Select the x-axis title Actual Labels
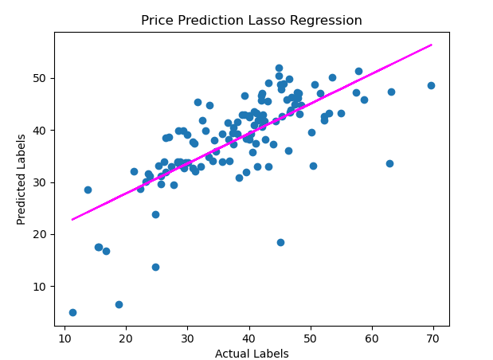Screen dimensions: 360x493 pos(252,354)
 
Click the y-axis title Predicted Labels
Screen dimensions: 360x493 pos(22,179)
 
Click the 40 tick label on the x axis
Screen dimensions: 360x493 pos(249,338)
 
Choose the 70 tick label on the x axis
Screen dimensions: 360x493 pos(434,338)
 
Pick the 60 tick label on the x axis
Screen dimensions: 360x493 pos(373,338)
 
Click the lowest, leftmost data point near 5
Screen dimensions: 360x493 pos(72,312)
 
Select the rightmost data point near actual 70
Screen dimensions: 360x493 pos(431,85)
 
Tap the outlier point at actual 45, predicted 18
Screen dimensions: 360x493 pos(280,242)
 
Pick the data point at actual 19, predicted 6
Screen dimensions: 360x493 pos(119,304)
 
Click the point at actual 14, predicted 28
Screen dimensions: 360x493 pos(88,190)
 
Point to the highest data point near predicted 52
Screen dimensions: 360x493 pos(279,68)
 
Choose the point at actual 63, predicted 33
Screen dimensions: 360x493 pos(389,163)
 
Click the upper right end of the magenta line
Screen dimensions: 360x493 pos(431,45)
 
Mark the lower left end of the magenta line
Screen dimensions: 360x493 pos(72,219)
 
